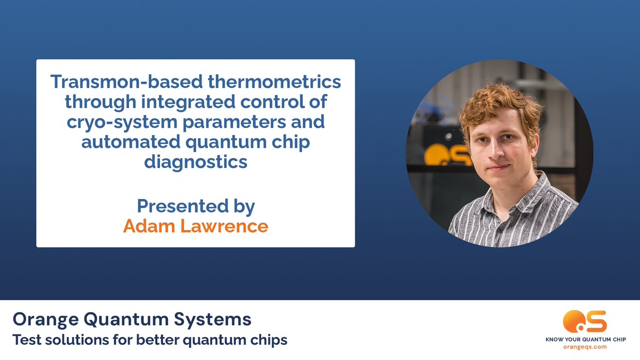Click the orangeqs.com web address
[585, 347]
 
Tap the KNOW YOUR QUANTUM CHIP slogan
[585, 339]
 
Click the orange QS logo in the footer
[585, 322]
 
